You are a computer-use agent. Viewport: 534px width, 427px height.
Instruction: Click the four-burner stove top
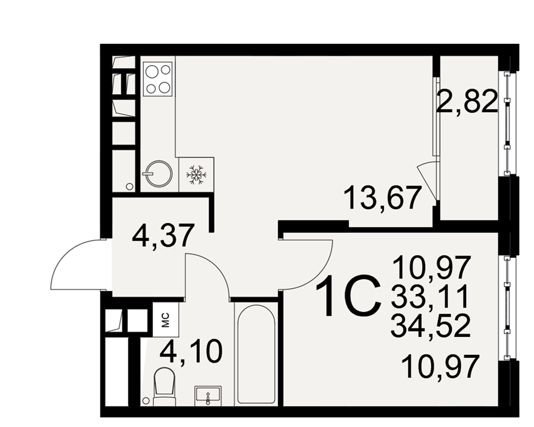click(158, 78)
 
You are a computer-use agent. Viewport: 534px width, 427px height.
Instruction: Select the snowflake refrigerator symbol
click(196, 175)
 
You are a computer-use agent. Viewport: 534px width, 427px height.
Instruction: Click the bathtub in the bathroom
click(256, 354)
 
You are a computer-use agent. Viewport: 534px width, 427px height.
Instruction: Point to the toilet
click(164, 386)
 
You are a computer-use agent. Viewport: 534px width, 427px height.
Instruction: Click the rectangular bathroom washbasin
click(208, 396)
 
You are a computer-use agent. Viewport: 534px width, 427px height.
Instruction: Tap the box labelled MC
click(166, 320)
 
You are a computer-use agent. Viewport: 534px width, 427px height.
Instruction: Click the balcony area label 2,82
click(467, 101)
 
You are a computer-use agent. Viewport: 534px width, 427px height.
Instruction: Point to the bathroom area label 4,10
click(191, 352)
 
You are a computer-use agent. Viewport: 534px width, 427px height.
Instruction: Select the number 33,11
click(430, 297)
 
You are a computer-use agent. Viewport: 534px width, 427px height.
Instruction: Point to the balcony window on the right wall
click(507, 123)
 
